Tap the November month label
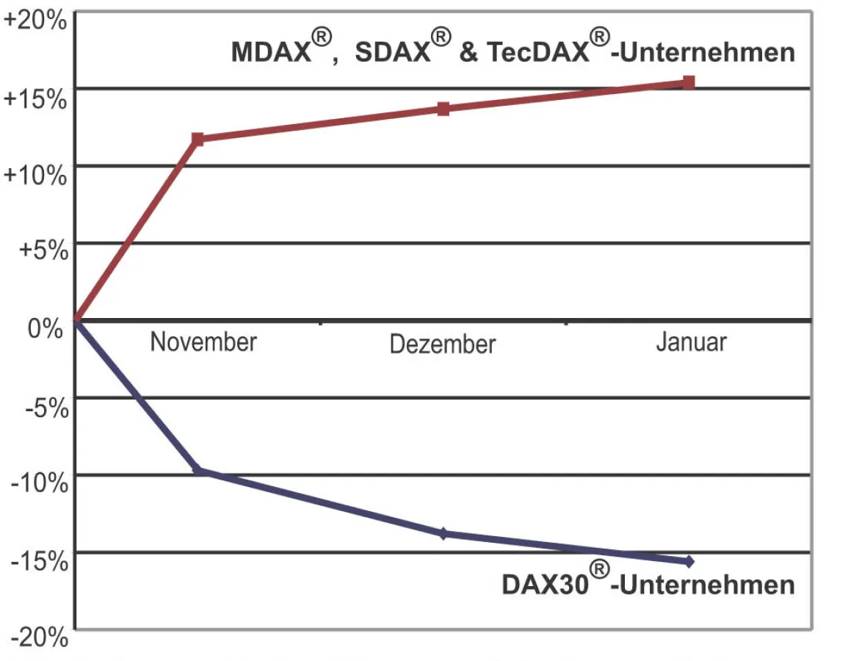click(x=203, y=342)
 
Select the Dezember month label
click(x=443, y=344)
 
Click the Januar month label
click(x=691, y=342)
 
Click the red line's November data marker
click(x=198, y=139)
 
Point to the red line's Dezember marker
click(x=443, y=109)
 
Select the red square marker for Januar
click(x=689, y=82)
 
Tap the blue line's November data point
click(x=198, y=470)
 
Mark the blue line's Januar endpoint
click(x=689, y=562)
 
